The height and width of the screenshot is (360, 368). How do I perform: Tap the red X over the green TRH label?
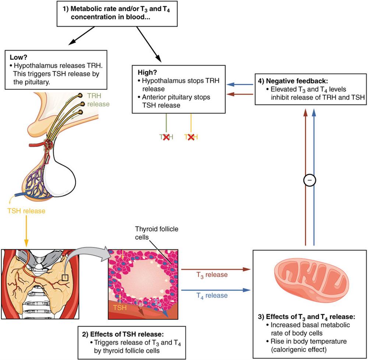[x=166, y=137]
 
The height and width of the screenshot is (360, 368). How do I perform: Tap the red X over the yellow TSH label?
[x=191, y=137]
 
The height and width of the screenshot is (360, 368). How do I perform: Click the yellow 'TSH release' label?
[x=26, y=211]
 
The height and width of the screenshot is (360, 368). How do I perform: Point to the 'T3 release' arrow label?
[x=211, y=274]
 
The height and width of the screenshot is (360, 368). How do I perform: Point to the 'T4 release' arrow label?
[x=211, y=295]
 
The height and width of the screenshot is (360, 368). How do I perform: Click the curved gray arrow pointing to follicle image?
[x=88, y=258]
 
